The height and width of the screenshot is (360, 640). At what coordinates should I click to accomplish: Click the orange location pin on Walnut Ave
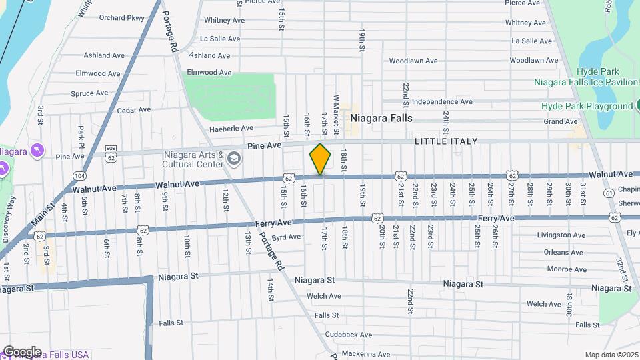320,159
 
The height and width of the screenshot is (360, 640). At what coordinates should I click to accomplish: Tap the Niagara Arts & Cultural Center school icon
233,158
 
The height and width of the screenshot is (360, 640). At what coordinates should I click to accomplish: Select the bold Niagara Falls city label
381,118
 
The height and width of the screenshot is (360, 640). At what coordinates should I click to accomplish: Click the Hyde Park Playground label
587,106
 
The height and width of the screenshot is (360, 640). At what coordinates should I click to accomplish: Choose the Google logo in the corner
21,352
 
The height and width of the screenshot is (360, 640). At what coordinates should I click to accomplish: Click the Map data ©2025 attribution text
611,355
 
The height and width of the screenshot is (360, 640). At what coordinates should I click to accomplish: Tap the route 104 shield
81,175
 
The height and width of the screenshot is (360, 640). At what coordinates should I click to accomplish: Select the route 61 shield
609,193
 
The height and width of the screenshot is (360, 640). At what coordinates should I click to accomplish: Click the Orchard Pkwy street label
121,17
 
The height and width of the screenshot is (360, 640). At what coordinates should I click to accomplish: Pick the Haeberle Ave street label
231,128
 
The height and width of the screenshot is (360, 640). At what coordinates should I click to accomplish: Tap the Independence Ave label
442,102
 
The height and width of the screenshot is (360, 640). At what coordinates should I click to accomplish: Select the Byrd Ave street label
287,237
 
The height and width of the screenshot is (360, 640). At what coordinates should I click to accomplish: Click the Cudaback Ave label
348,335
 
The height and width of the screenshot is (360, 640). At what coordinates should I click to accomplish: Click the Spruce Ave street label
89,93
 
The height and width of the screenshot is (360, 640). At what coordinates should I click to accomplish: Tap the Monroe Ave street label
566,269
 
